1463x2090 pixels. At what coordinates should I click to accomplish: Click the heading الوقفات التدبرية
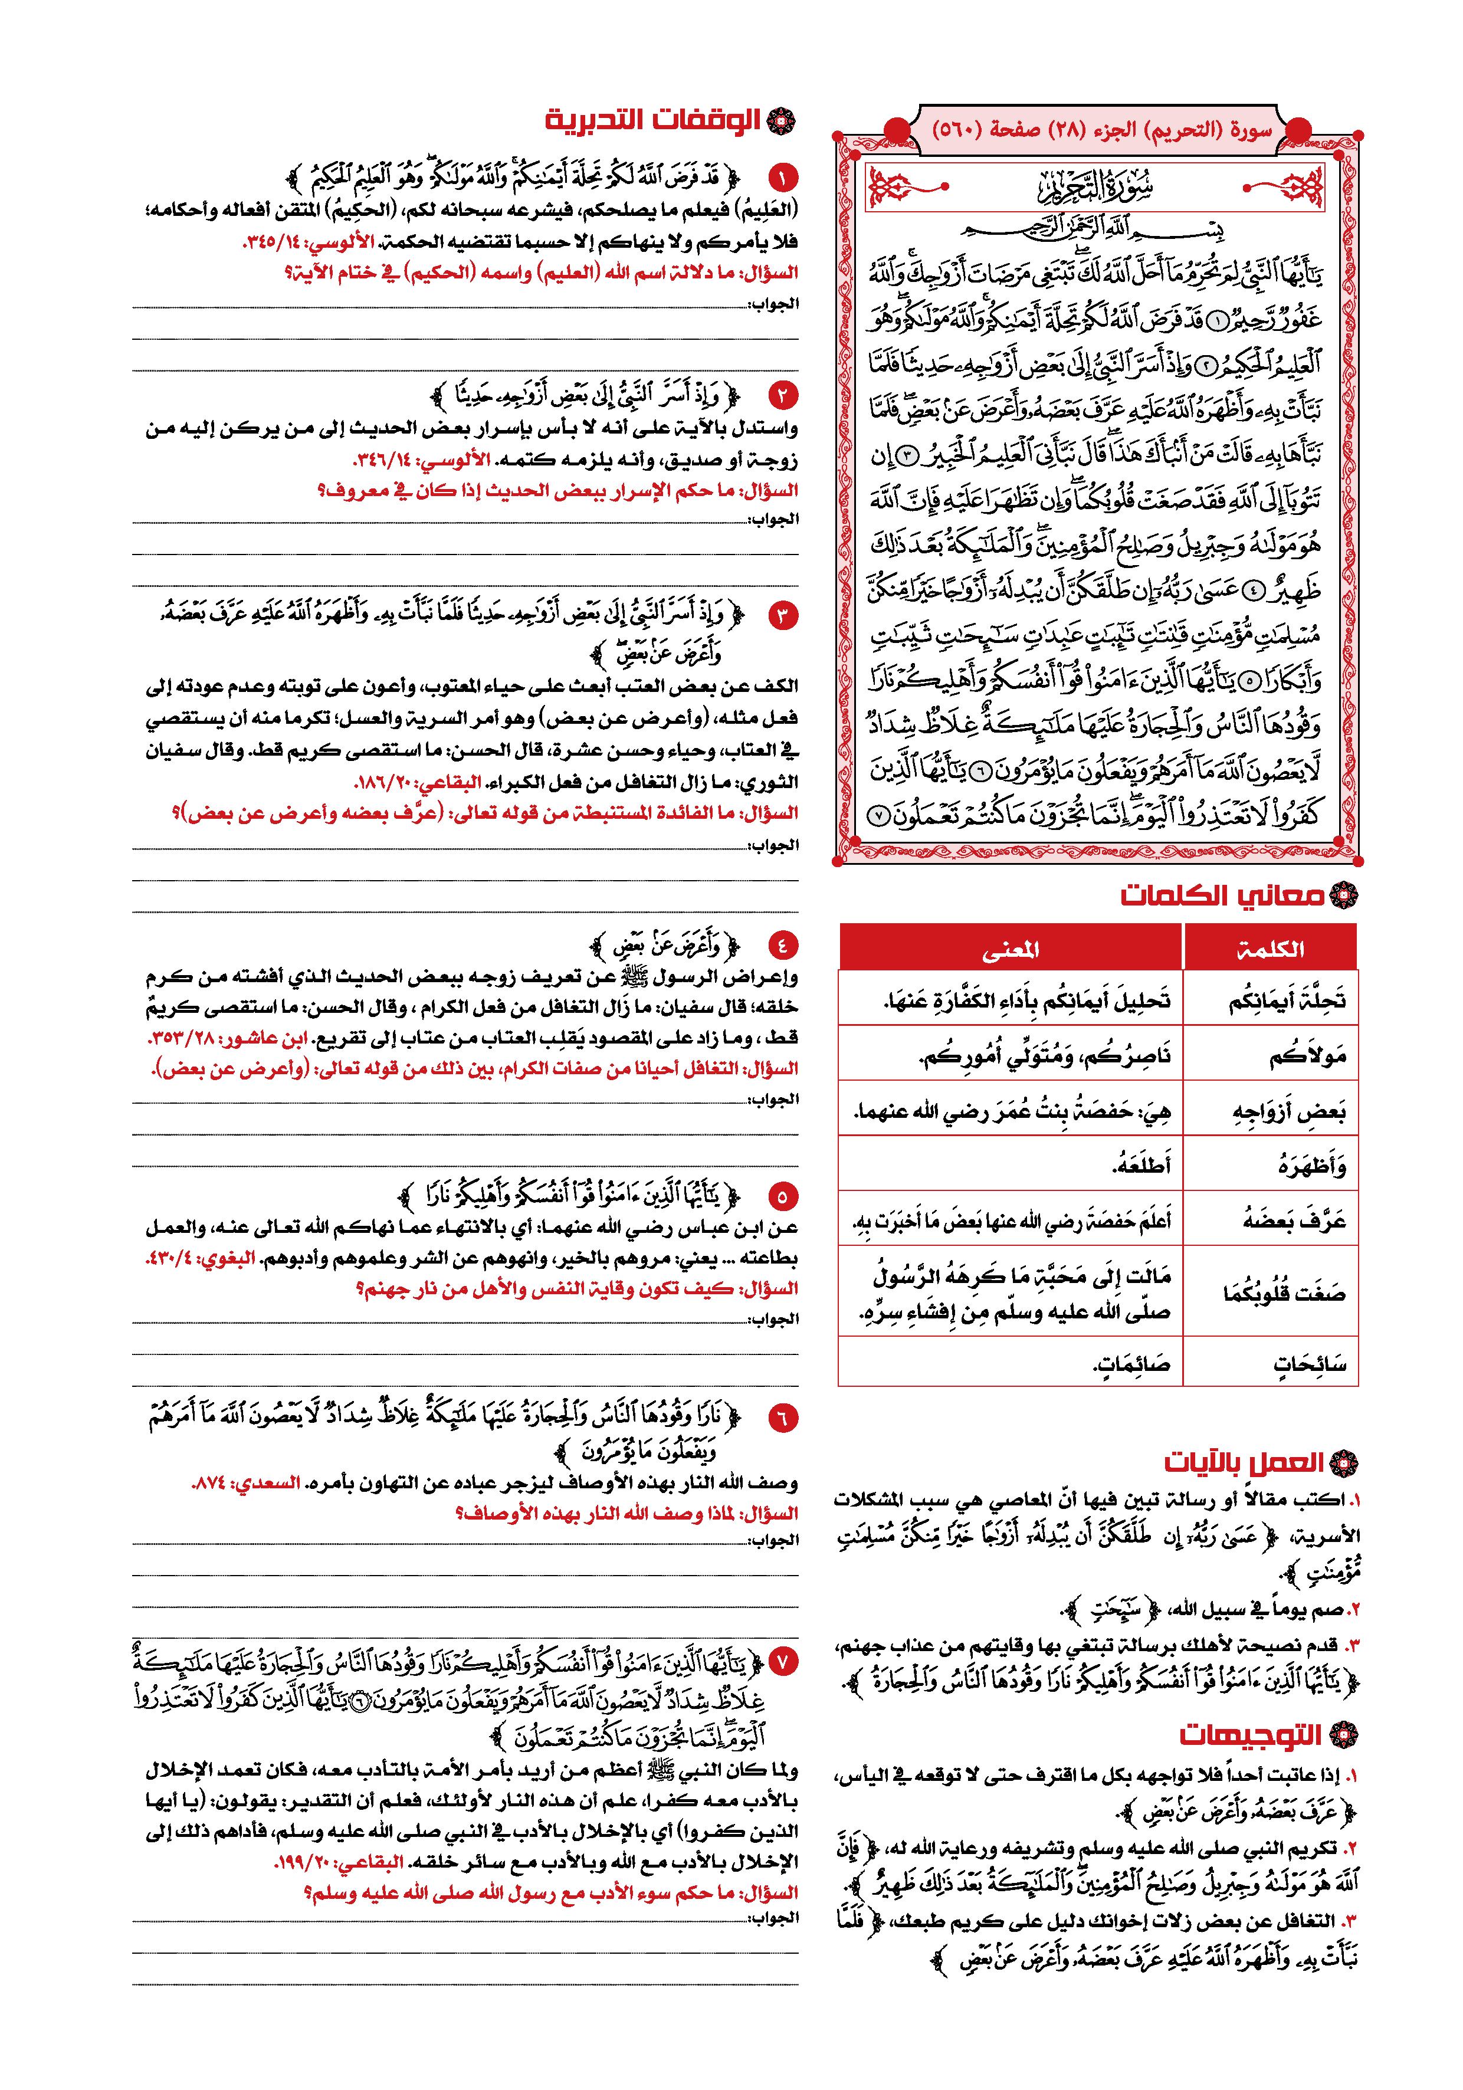click(x=655, y=120)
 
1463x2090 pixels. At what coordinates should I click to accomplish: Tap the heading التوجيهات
click(x=1250, y=1734)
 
